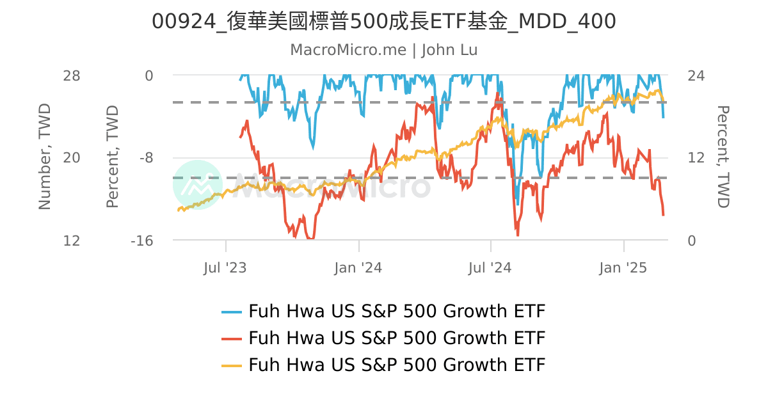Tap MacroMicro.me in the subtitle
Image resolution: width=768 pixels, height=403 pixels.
[x=348, y=50]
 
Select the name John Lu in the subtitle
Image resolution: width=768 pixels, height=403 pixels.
[x=449, y=50]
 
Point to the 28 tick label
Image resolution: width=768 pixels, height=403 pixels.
[x=72, y=75]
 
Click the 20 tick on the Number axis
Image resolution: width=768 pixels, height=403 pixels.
[x=72, y=158]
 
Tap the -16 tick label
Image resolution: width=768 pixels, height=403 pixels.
[x=141, y=241]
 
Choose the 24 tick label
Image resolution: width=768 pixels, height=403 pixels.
[x=696, y=75]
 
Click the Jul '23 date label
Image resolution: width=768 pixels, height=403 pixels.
[x=225, y=267]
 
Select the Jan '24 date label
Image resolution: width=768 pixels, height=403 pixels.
[x=358, y=267]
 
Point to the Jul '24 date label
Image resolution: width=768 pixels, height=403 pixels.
[x=490, y=267]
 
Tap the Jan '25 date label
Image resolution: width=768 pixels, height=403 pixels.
[x=623, y=267]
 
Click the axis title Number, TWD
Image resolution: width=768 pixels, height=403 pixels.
[x=45, y=157]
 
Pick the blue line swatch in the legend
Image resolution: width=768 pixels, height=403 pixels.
[x=232, y=312]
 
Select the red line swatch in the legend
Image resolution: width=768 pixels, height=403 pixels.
[x=232, y=338]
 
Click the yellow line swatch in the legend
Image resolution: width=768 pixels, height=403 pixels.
[x=232, y=365]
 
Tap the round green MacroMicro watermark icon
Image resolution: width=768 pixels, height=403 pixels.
[x=198, y=185]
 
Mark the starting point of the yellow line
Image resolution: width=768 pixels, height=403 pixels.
[x=178, y=210]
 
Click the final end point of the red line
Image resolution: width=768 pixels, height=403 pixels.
[x=664, y=215]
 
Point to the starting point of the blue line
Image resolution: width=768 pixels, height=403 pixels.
[x=240, y=80]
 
